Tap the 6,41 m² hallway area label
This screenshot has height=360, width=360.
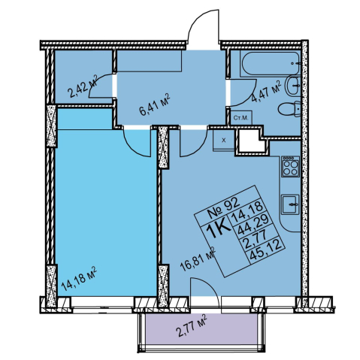[x=155, y=104]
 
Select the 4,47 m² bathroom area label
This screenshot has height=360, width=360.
[x=266, y=92]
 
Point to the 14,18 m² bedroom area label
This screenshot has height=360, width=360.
[x=79, y=279]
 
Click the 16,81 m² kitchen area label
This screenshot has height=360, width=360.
[x=198, y=259]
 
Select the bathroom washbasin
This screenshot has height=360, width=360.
[x=293, y=86]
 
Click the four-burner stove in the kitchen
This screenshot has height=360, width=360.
[x=290, y=166]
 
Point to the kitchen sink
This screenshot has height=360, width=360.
[x=290, y=204]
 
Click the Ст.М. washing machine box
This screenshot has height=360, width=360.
[x=241, y=117]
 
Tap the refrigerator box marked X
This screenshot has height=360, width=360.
[x=224, y=141]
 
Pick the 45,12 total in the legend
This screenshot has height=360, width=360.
[x=268, y=251]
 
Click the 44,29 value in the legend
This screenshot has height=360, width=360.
[x=253, y=224]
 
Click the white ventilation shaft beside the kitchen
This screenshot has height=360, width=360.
[x=252, y=141]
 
